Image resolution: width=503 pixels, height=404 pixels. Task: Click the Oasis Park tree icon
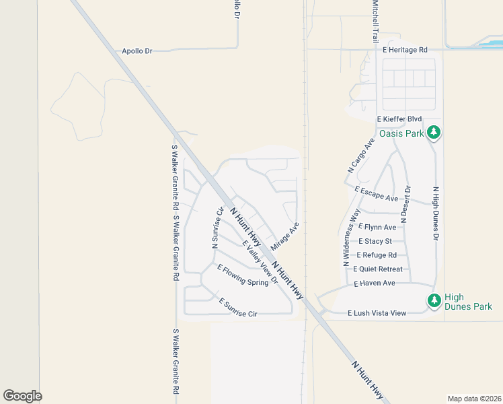point(434,132)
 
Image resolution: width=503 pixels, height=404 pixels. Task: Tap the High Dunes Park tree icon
point(434,300)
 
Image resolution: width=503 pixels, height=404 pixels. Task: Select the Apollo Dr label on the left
point(137,50)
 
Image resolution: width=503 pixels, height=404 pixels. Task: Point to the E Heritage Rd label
point(405,50)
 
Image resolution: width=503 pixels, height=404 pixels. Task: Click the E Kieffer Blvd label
point(399,119)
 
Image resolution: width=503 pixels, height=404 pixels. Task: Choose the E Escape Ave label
point(376,195)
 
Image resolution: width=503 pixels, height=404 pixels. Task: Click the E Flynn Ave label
point(377,227)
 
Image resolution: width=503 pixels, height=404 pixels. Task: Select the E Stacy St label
point(375,241)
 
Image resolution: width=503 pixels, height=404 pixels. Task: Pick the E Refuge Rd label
point(377,255)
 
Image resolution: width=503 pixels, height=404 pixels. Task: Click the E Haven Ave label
point(375,283)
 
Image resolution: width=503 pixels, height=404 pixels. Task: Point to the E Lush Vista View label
point(377,313)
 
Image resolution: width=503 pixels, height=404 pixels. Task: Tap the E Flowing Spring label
point(242,275)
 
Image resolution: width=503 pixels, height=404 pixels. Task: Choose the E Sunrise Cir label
point(238,306)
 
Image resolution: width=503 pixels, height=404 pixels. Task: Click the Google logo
point(22,396)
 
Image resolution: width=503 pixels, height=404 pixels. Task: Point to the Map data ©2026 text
point(474,399)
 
